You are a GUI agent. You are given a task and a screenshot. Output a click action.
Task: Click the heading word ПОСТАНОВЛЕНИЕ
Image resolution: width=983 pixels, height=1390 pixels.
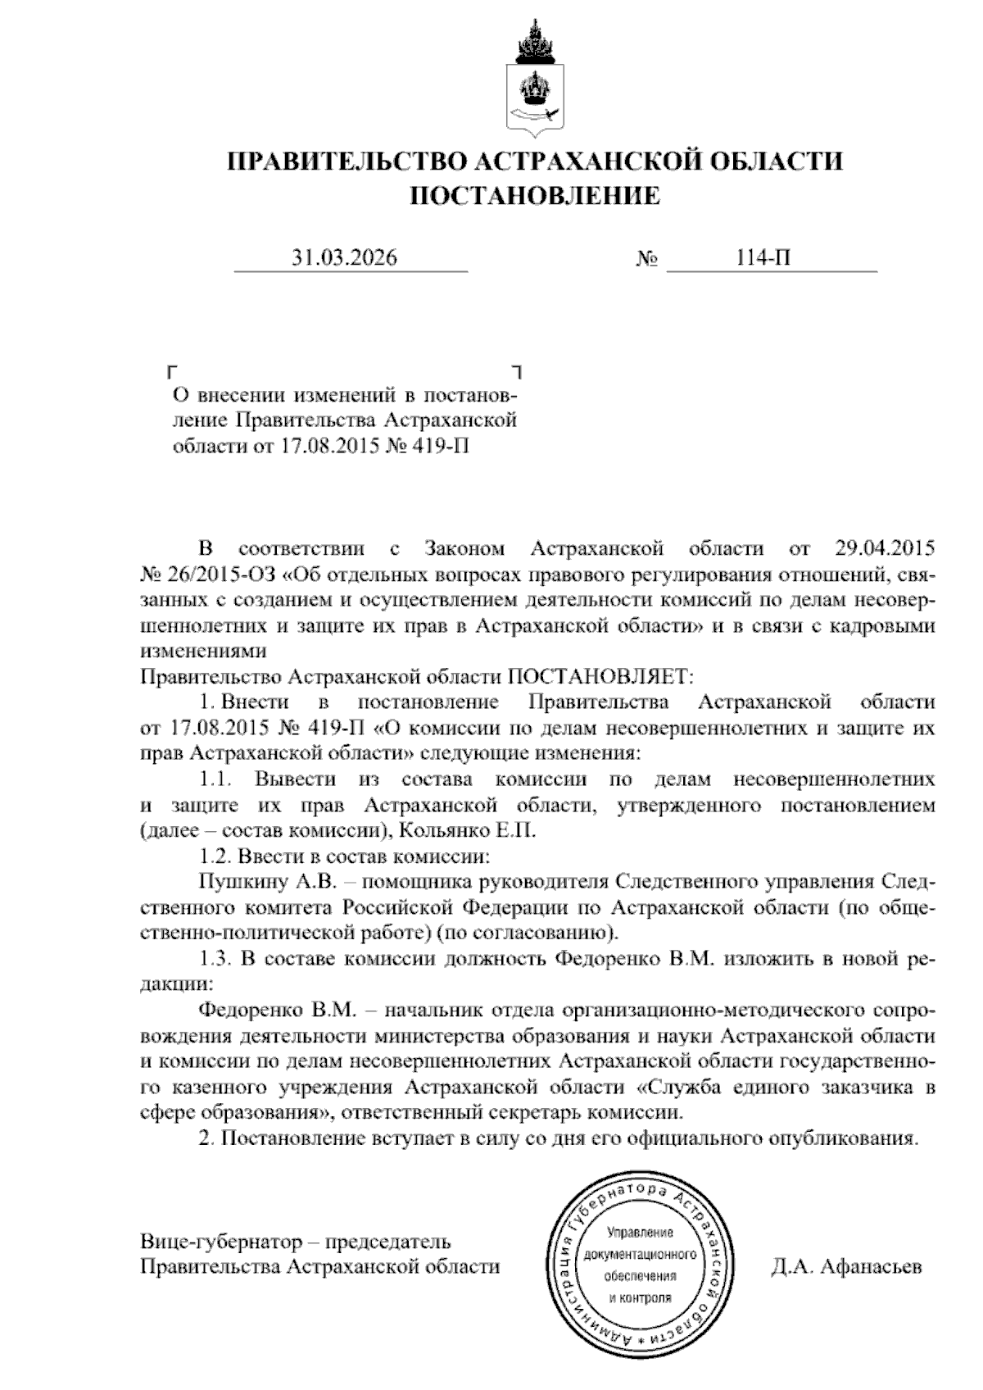(x=534, y=196)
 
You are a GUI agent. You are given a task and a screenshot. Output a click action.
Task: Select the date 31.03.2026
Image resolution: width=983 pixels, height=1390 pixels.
(x=344, y=259)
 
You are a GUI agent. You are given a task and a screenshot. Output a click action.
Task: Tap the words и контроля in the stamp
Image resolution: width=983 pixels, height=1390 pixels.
(x=640, y=1297)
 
